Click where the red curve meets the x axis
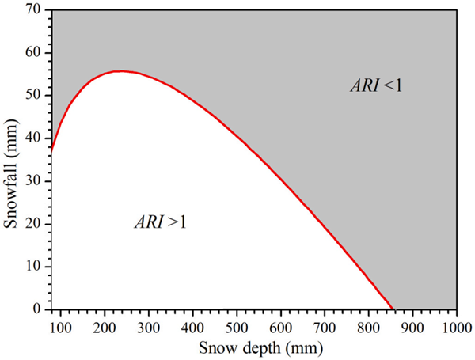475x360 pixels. (393, 309)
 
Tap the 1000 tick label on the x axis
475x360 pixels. (454, 325)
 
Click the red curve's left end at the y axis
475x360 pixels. (52, 149)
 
